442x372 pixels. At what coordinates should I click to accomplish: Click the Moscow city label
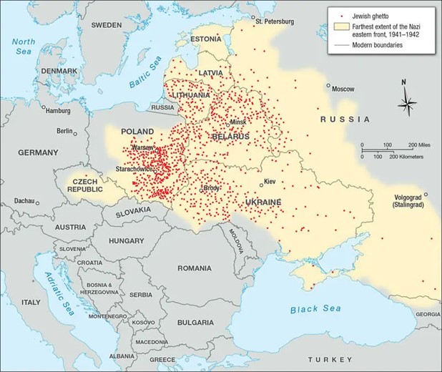click(x=344, y=89)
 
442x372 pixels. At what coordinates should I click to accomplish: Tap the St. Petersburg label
click(x=274, y=21)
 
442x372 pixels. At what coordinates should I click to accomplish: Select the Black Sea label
click(x=315, y=310)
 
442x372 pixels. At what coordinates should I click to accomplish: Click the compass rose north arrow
click(x=407, y=94)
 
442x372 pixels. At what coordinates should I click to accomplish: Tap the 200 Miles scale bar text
click(x=414, y=145)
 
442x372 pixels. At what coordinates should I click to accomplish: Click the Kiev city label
click(x=270, y=182)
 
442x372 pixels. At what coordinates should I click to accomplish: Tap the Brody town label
click(x=212, y=188)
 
